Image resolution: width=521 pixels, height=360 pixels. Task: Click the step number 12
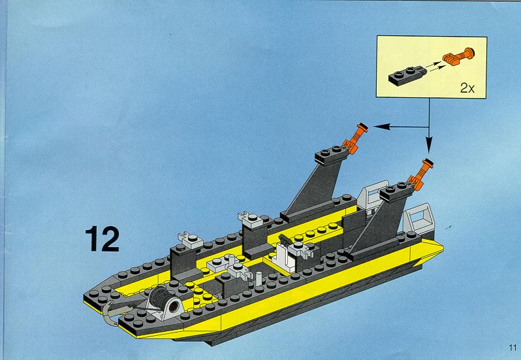(x=103, y=238)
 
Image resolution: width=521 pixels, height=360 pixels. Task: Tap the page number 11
(x=512, y=348)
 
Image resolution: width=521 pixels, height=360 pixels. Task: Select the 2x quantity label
(x=467, y=88)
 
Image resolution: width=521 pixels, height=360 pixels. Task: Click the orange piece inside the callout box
(x=458, y=56)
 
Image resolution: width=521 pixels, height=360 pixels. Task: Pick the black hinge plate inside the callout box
(x=407, y=75)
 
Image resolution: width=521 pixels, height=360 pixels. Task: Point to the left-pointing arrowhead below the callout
(x=381, y=126)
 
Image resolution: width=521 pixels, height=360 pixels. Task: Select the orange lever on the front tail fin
(x=420, y=174)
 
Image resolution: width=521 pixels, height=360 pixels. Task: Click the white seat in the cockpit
(x=283, y=256)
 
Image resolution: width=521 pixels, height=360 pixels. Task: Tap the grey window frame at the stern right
(x=418, y=219)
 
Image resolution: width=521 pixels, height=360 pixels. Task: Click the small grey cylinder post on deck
(x=259, y=278)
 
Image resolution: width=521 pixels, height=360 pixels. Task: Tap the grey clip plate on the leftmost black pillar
(x=191, y=240)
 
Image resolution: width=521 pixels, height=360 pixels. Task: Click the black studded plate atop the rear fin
(x=332, y=155)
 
